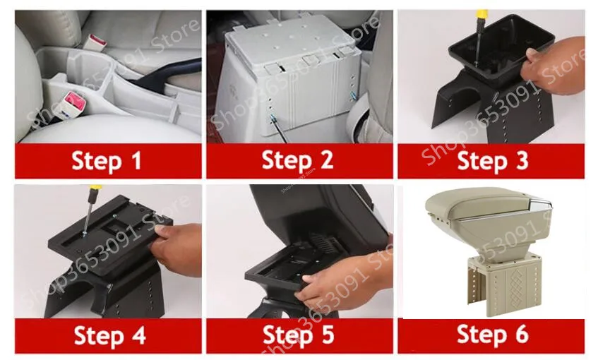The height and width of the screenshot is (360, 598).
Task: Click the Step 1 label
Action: click(107, 160)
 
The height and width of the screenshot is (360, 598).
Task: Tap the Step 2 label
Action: click(297, 160)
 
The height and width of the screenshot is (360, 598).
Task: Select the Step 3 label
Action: click(492, 160)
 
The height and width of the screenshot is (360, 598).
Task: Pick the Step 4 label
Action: click(110, 335)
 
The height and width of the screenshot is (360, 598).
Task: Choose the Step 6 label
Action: click(492, 334)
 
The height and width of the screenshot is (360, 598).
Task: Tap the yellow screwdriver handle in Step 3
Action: click(482, 15)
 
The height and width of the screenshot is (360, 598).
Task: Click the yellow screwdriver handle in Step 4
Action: click(94, 191)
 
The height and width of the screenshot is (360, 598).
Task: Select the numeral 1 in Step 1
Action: click(136, 160)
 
